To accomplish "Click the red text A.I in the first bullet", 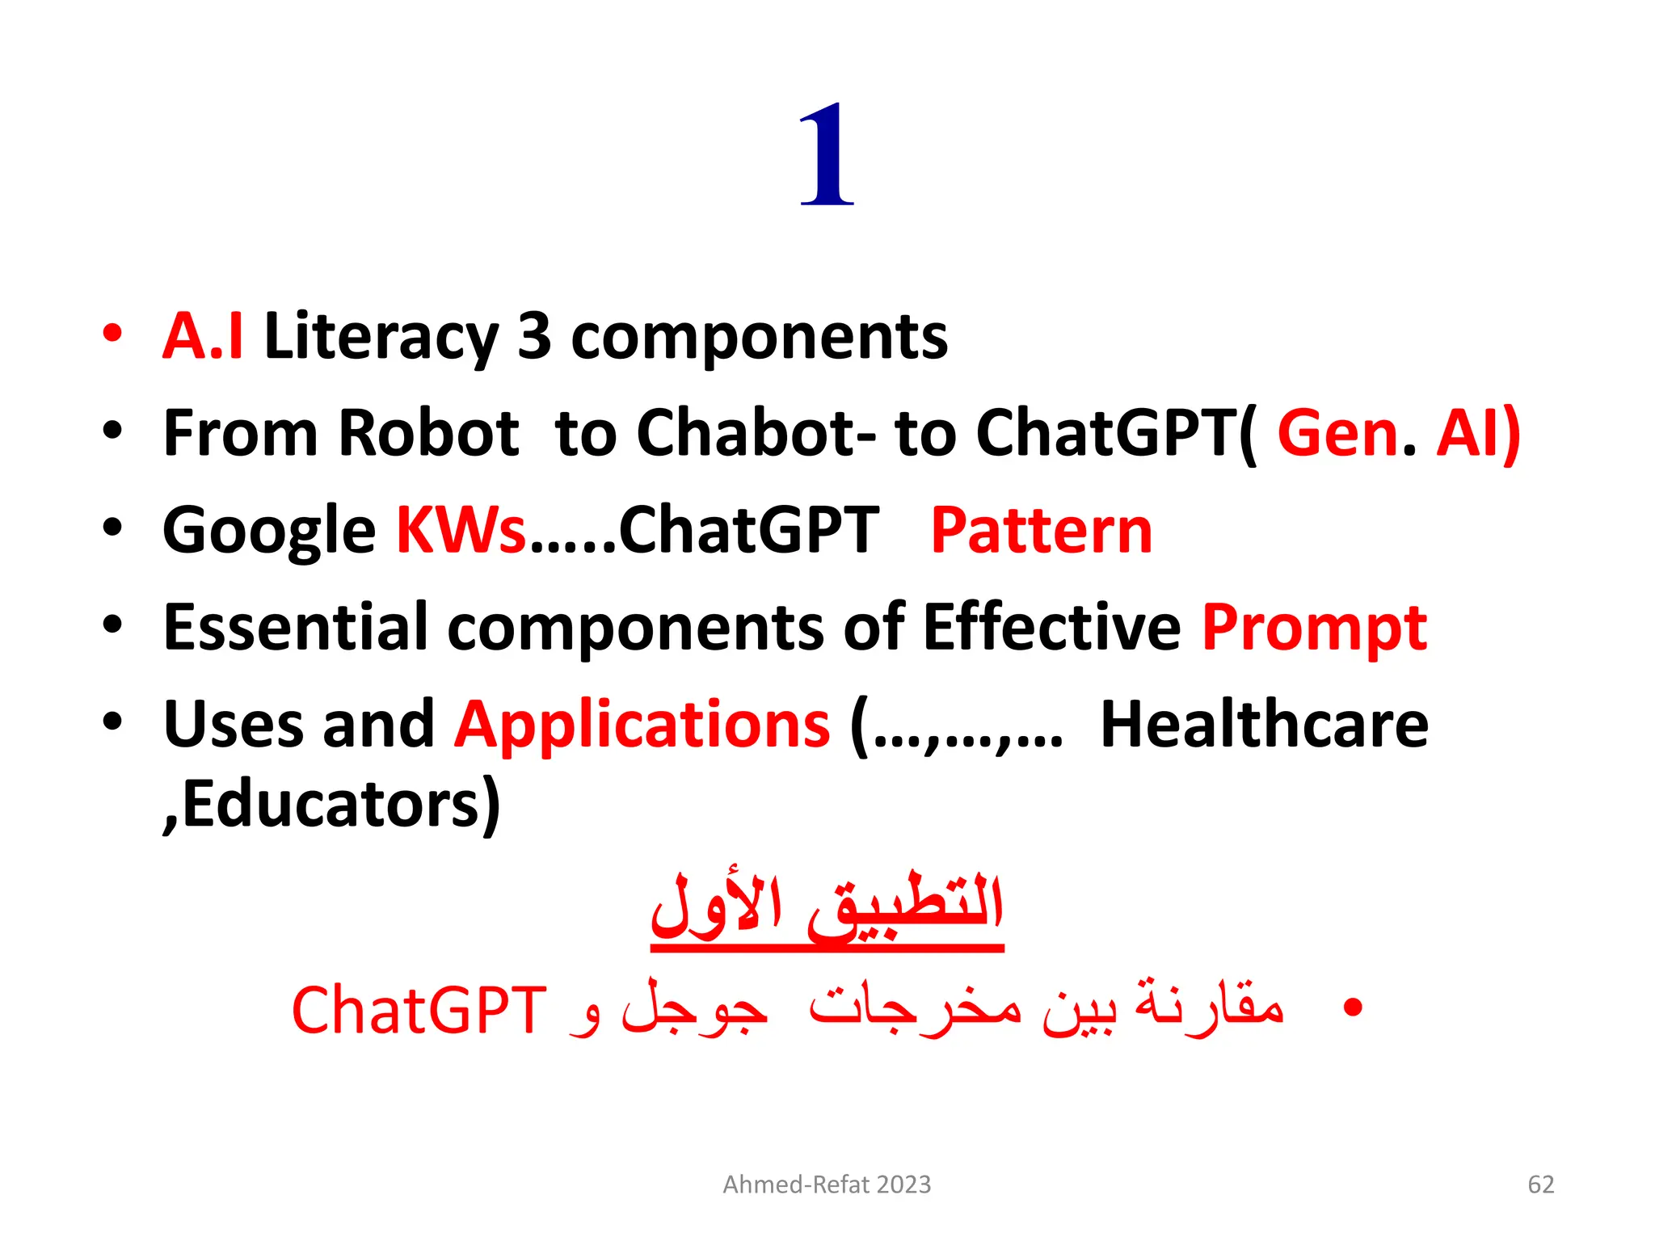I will pos(203,336).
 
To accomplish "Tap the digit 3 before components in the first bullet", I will pos(534,336).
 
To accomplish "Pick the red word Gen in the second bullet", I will pos(1337,433).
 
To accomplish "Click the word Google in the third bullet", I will pos(269,532).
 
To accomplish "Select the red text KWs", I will pos(461,530).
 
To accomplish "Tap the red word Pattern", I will pos(1041,530).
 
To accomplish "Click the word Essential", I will pos(296,627).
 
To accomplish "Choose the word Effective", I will pos(1051,627).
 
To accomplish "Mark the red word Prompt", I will pos(1314,629).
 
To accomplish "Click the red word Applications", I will pos(642,724).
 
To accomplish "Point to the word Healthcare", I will pos(1264,724).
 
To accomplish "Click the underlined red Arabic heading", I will pos(827,908).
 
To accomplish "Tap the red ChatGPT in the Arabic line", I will pos(419,1010).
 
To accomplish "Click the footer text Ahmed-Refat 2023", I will pos(827,1184).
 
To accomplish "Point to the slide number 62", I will pos(1540,1184).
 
